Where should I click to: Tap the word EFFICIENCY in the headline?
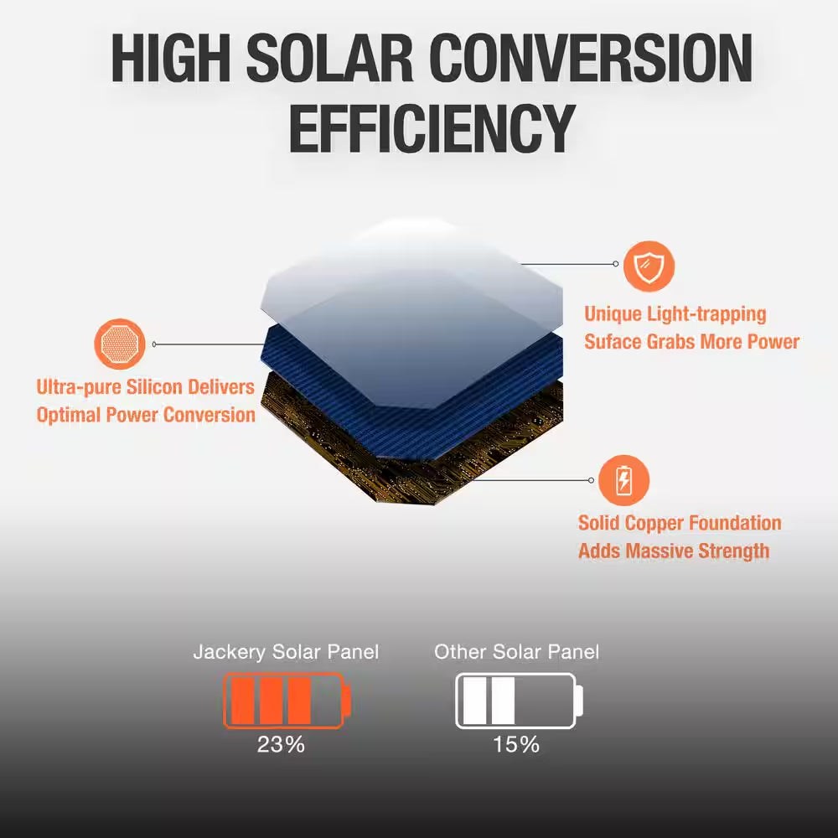tap(432, 130)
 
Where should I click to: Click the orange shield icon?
tap(649, 265)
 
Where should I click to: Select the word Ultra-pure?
tap(80, 387)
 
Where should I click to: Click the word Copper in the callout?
tap(667, 524)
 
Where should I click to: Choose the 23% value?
tap(282, 744)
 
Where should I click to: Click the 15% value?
tap(516, 744)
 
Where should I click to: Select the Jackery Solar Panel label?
tap(286, 652)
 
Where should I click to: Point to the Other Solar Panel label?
tap(516, 652)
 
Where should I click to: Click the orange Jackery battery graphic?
tap(287, 701)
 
